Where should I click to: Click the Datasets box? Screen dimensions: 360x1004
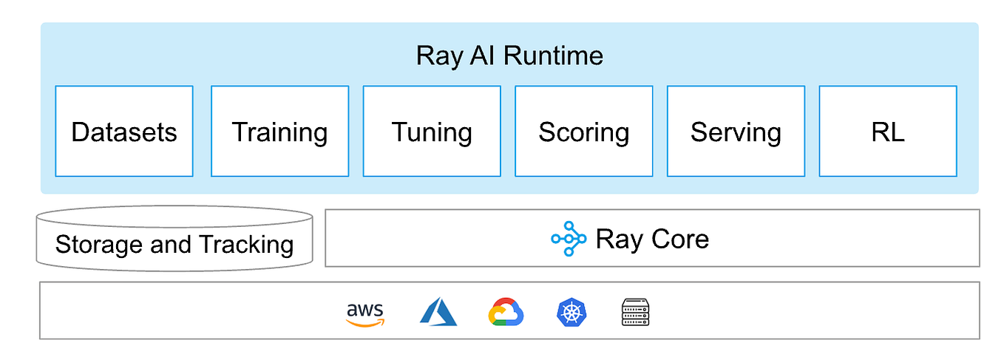click(x=124, y=132)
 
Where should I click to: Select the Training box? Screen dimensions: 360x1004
click(x=279, y=132)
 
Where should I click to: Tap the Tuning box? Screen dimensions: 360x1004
click(x=432, y=132)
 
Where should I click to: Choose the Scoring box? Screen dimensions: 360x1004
click(x=583, y=132)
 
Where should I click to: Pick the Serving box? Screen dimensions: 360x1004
click(x=736, y=132)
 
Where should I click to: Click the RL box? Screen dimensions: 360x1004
click(x=888, y=132)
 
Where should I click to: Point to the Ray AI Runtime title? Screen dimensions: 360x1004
click(x=509, y=55)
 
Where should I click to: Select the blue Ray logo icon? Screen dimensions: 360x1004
click(x=569, y=239)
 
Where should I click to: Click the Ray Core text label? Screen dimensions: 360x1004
click(x=651, y=239)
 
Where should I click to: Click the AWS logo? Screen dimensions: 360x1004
click(x=365, y=313)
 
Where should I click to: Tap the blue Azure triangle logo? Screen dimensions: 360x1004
click(x=438, y=313)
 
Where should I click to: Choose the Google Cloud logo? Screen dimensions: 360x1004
click(x=506, y=313)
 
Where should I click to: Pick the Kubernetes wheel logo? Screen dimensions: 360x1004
click(x=571, y=313)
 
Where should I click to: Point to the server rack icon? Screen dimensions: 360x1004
click(x=635, y=313)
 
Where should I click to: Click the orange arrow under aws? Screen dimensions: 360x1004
click(x=366, y=322)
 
